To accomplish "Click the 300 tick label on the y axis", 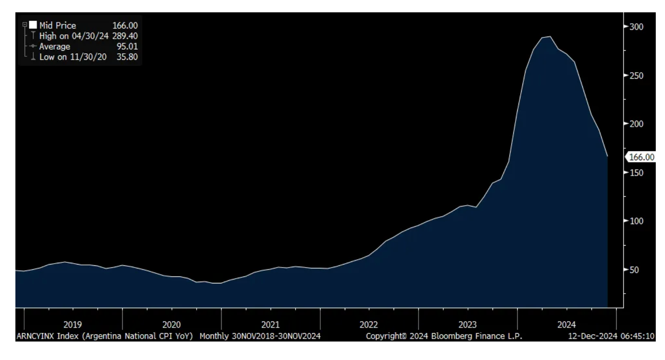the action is pos(636,27).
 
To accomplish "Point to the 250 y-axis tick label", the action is pos(636,76).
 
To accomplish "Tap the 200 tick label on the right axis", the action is pos(636,124).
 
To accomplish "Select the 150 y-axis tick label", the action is pos(636,173).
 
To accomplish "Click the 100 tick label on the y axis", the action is pos(636,221).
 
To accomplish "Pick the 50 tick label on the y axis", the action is pos(634,270).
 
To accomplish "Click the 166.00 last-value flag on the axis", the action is pos(641,157).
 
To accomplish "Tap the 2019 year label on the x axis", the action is pos(73,325).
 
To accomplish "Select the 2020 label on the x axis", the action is pos(171,325).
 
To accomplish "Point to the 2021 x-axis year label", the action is pos(270,325).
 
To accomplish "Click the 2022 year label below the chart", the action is pos(369,325).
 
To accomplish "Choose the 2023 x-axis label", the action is pos(468,325).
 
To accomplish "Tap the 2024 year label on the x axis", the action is pos(566,325).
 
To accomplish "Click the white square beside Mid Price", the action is pos(33,25).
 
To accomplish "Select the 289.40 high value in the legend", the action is pos(125,36).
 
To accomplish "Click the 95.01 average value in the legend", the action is pos(127,46).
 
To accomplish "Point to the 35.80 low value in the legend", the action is pos(127,57).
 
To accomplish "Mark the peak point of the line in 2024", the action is pos(550,37).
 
